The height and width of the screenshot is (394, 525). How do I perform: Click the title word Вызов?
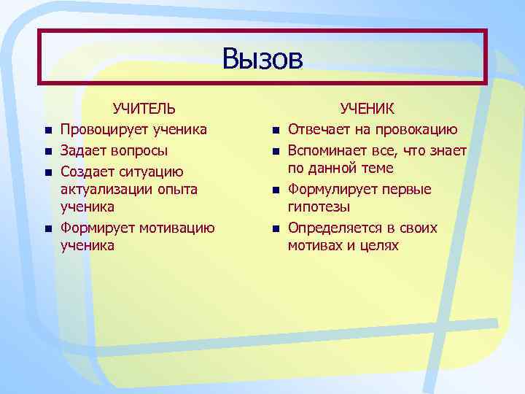click(262, 58)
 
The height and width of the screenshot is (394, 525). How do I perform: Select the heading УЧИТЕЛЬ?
click(144, 109)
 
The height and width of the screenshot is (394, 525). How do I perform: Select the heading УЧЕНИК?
click(367, 109)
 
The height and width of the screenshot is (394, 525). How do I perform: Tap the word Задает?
click(82, 151)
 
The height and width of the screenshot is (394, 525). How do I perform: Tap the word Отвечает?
click(317, 130)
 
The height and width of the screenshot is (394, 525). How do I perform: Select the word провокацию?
click(416, 130)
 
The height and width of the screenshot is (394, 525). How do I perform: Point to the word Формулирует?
click(329, 190)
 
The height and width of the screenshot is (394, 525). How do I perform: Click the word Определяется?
click(333, 228)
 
